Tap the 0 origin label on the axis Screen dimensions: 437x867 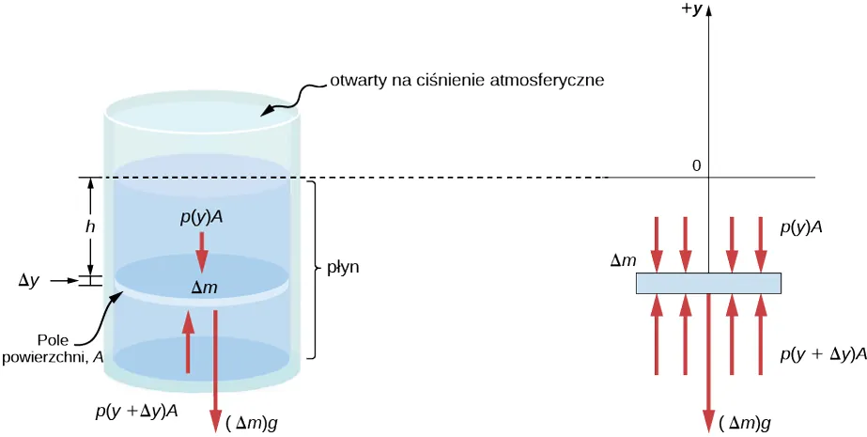click(x=696, y=166)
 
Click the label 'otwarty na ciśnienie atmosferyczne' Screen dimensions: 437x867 click(x=466, y=80)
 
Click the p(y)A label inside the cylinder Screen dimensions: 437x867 click(x=201, y=218)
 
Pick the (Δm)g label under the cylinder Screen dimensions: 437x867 click(x=252, y=423)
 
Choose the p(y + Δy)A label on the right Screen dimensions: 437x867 click(x=816, y=355)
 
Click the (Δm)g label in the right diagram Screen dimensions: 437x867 click(x=745, y=424)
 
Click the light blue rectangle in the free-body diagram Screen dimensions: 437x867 click(x=708, y=283)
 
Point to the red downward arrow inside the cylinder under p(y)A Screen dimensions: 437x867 click(x=201, y=252)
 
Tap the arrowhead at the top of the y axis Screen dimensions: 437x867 click(x=707, y=11)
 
